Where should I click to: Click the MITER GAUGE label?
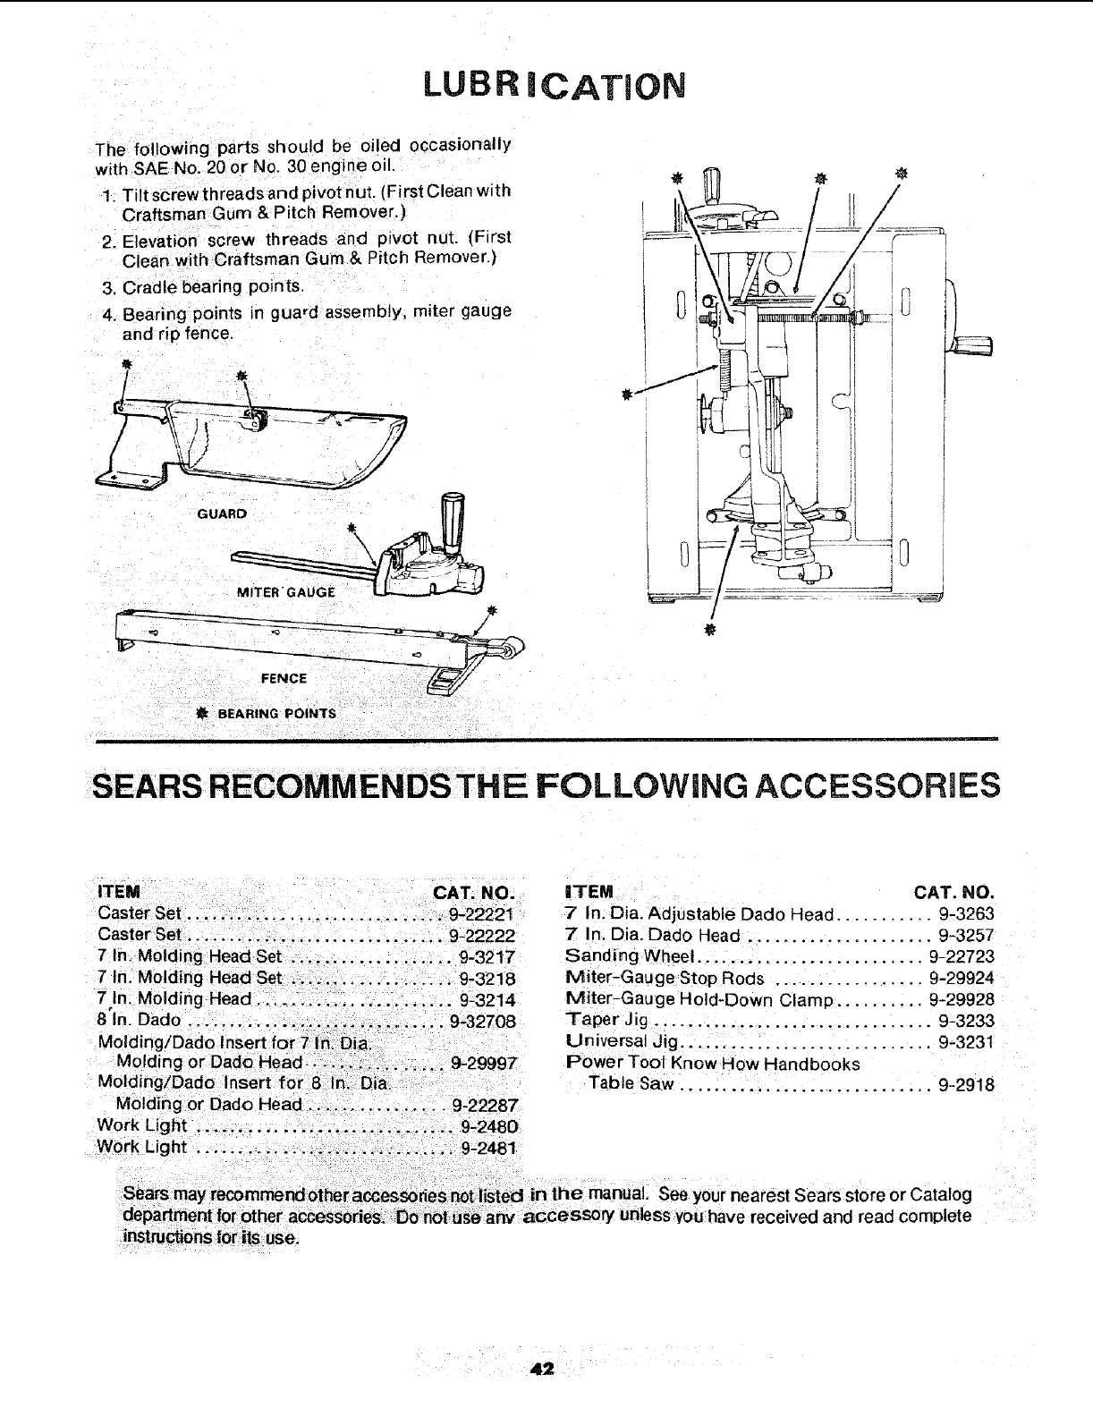click(285, 591)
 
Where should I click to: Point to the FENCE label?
click(284, 678)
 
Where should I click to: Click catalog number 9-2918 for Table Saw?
click(966, 1085)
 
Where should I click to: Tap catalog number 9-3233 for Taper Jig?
click(966, 1021)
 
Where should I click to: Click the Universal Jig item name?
click(623, 1042)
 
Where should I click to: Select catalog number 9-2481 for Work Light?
click(488, 1148)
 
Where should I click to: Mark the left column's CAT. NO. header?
click(474, 893)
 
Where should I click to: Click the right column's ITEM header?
click(589, 892)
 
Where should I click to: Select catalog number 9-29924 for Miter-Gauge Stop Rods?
click(961, 978)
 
